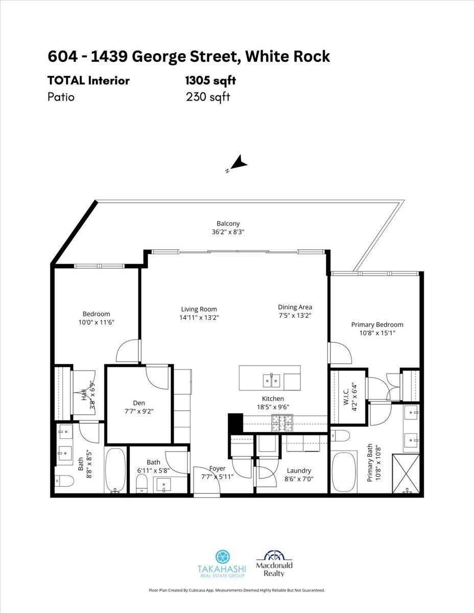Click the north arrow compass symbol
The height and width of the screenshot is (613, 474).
[238, 164]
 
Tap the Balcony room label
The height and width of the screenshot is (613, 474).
[228, 224]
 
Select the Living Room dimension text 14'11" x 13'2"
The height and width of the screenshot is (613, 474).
[199, 318]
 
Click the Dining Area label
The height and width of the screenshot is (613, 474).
[295, 307]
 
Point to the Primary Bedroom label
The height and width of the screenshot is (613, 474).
[377, 324]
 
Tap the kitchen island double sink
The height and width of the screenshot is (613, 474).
[271, 380]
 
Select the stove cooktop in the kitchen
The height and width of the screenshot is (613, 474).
[280, 422]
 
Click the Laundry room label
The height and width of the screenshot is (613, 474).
[299, 470]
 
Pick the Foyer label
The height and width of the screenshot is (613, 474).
[217, 468]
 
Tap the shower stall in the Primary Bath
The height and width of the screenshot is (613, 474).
[407, 473]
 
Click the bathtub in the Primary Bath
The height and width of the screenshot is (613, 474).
[344, 471]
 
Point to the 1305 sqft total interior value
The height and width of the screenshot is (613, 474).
[210, 81]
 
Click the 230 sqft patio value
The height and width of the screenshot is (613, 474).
[208, 97]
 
